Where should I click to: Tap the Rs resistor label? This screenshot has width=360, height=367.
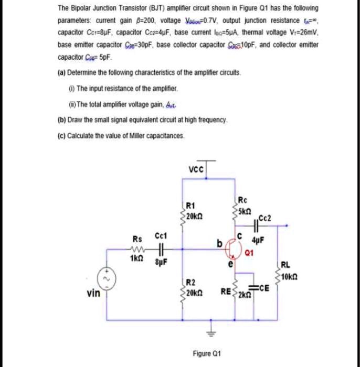point(135,239)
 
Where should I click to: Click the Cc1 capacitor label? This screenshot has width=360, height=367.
point(161,239)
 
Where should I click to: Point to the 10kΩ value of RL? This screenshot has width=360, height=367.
point(290,277)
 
